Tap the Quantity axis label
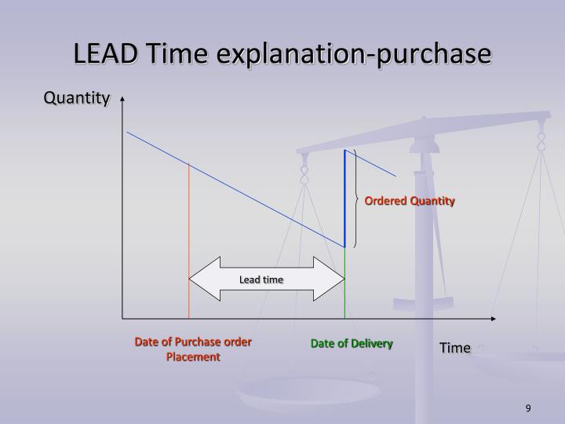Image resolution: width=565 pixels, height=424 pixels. pos(76,98)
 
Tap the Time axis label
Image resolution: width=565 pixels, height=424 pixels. pos(454,348)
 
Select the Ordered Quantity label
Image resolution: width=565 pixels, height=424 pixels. pos(409,201)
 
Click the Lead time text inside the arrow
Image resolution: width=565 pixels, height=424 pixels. pos(261,280)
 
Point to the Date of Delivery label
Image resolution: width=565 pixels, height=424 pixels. pos(352,344)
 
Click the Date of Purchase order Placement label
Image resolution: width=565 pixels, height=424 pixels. pos(193,349)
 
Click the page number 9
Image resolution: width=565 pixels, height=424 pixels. pos(529,408)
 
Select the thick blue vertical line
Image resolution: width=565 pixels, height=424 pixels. pos(344,196)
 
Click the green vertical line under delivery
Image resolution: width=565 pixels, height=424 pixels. pos(344,291)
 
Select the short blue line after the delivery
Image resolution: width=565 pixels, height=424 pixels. pos(370,163)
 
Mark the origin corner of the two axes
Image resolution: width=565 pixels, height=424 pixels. pos(122,320)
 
